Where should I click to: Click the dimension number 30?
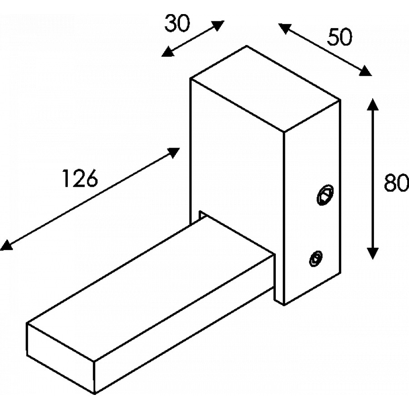(x=177, y=24)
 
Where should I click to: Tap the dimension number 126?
(x=80, y=178)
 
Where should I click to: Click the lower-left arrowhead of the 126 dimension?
(x=5, y=246)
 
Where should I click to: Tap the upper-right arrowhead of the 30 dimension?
(x=219, y=25)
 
